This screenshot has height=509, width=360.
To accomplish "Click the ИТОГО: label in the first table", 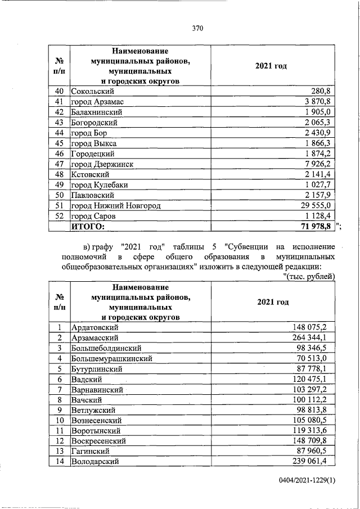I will coord(88,226).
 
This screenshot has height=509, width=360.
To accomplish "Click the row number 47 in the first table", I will coord(58,164).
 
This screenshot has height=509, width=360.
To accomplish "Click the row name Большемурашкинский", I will coord(111,358).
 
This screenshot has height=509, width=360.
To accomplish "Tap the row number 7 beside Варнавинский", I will coord(58,389).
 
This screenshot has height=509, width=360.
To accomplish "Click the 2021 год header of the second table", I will coord(273,302).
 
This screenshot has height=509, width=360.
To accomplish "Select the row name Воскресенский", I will coord(99,441).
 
